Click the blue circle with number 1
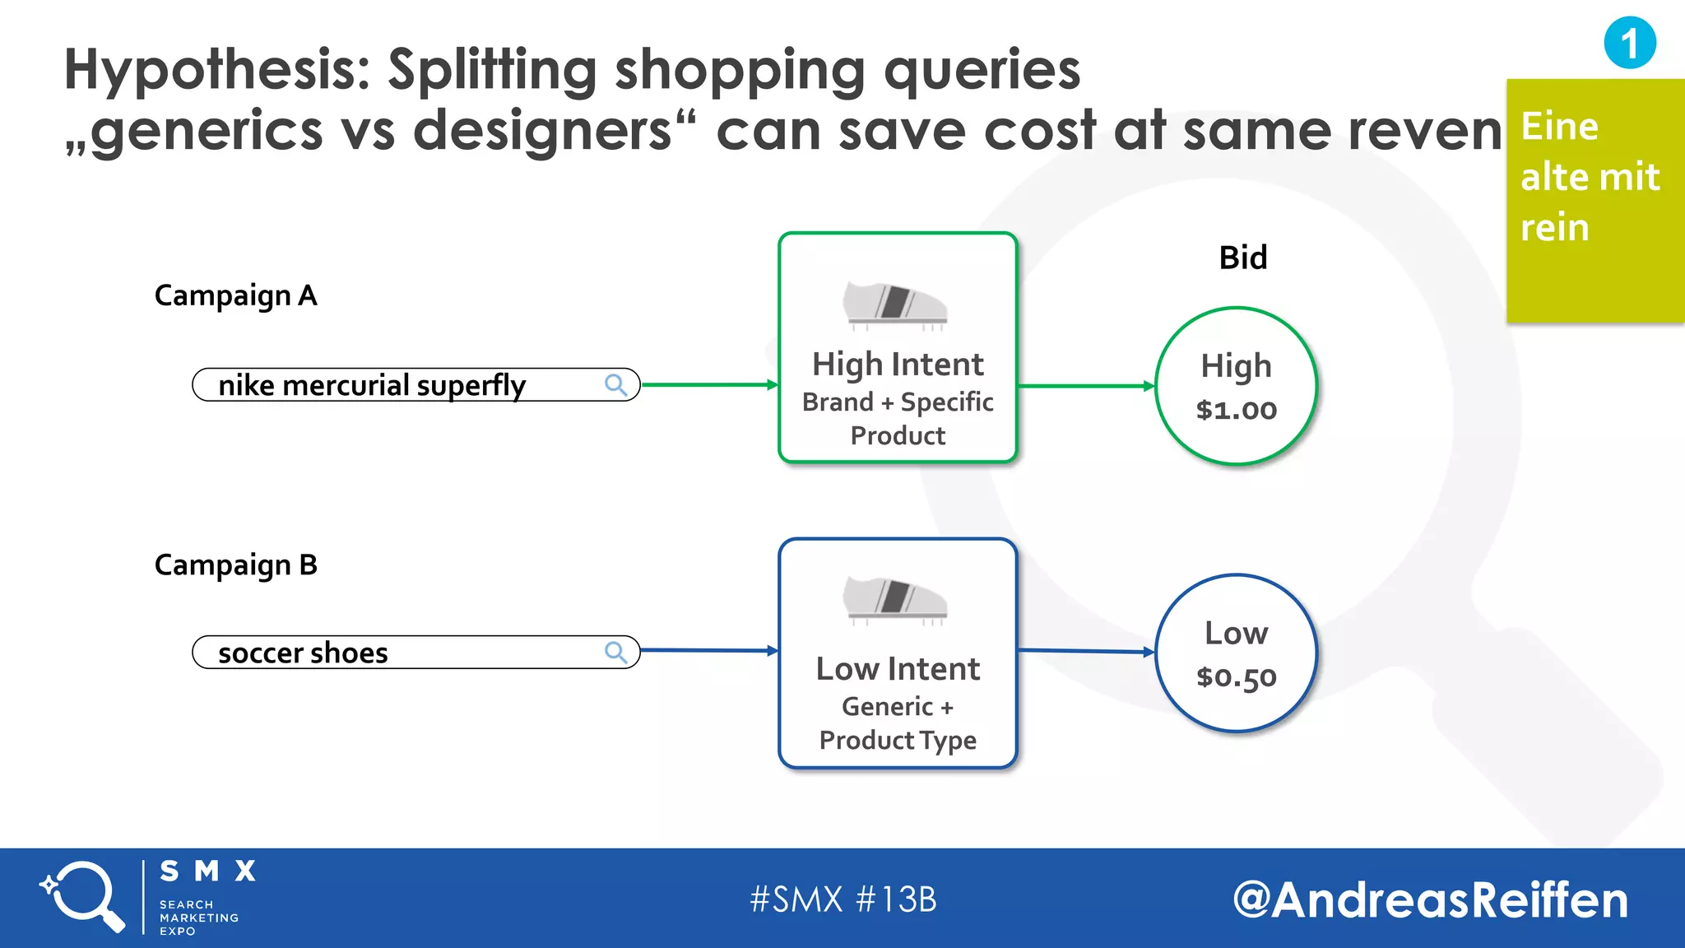point(1629,43)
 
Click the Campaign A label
point(235,295)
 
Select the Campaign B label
point(235,565)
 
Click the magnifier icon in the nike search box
point(615,384)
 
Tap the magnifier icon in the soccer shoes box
point(615,653)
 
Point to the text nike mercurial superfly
point(371,385)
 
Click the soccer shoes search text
point(303,653)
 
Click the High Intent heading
point(898,364)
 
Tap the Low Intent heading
point(898,669)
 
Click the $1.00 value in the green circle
point(1236,410)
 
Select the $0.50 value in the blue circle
point(1236,677)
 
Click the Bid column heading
point(1242,258)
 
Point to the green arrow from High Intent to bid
point(1086,385)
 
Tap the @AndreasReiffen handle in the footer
point(1430,899)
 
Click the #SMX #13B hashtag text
point(843,899)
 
